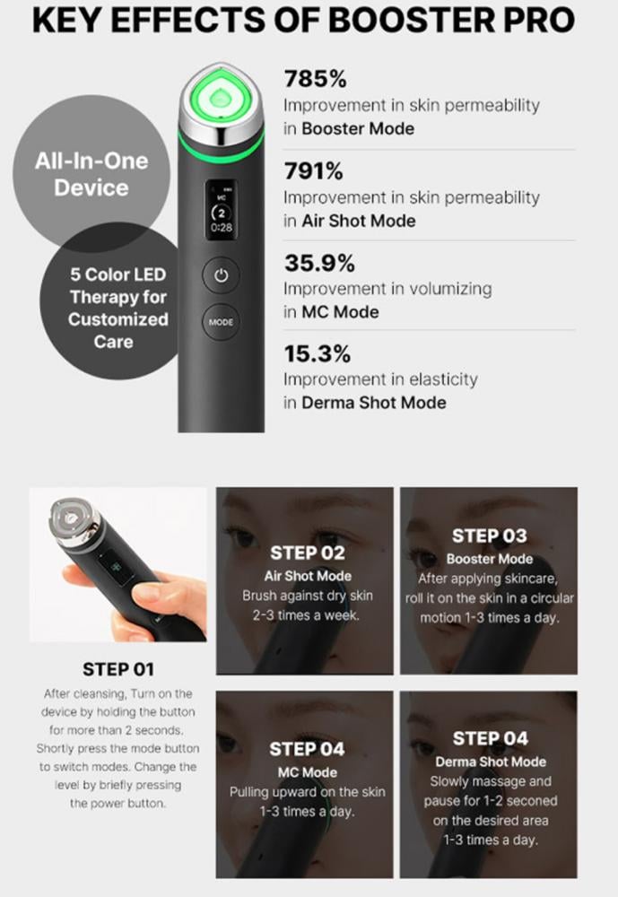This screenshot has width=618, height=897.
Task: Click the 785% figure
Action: [316, 79]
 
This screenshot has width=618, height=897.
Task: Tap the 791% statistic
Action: [314, 171]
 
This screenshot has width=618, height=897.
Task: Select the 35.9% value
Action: [320, 263]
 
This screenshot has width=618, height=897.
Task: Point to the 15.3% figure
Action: [318, 354]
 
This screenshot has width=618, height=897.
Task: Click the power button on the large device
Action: [221, 275]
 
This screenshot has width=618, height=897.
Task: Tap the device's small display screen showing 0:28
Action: [222, 211]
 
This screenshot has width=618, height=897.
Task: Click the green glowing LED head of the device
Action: [221, 99]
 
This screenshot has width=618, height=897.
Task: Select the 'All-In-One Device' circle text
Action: [91, 175]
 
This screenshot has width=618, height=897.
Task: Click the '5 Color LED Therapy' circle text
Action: [118, 308]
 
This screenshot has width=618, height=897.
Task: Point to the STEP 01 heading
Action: [118, 669]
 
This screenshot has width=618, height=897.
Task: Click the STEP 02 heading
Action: [308, 553]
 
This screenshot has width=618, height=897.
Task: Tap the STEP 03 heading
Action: [489, 536]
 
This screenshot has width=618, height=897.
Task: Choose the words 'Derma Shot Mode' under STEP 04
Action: [491, 762]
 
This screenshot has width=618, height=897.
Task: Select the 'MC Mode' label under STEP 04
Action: [308, 772]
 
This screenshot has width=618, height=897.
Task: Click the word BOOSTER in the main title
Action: [412, 20]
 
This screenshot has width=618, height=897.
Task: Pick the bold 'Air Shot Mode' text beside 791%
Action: [359, 221]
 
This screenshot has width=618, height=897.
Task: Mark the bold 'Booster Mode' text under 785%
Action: [358, 128]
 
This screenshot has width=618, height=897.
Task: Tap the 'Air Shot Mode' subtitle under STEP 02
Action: [308, 576]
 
